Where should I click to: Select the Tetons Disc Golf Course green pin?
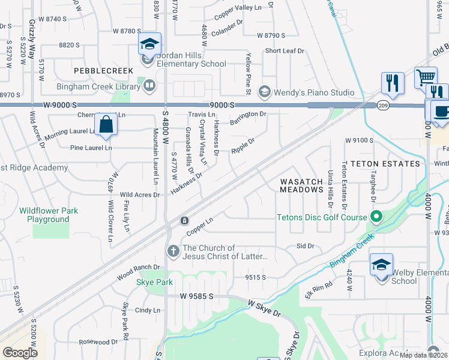(x=376, y=217)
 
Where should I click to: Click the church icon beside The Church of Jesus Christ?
(x=173, y=251)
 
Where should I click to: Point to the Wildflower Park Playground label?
(x=44, y=215)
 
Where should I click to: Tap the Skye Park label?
(x=155, y=282)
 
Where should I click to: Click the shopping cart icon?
(x=426, y=77)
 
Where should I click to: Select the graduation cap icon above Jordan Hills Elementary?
(x=149, y=43)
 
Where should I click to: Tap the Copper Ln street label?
(x=200, y=226)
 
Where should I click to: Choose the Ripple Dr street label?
(x=243, y=146)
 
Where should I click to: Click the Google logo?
(x=20, y=353)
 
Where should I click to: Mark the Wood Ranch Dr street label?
(x=139, y=272)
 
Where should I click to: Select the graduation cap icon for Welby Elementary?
(x=381, y=264)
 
